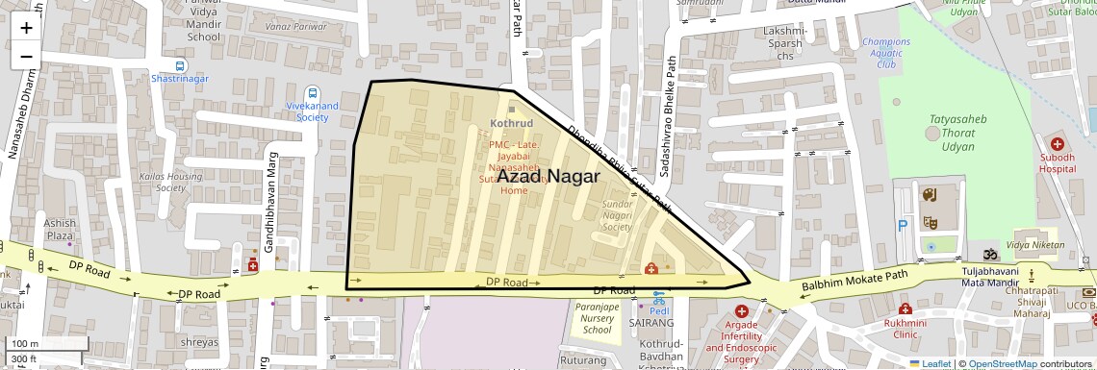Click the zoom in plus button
[x=26, y=28]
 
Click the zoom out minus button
[x=26, y=57]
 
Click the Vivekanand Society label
[x=313, y=111]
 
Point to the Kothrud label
[x=511, y=124]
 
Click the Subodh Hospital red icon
[x=1057, y=143]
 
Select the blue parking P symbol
[x=903, y=226]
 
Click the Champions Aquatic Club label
[x=885, y=53]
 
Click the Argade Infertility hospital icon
[x=741, y=311]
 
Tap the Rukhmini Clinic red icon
[x=905, y=308]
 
